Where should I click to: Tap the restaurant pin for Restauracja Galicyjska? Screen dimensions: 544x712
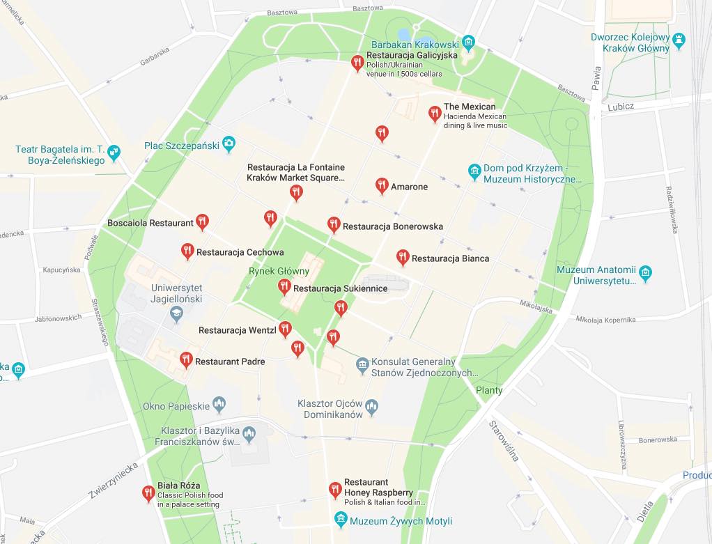tap(357, 63)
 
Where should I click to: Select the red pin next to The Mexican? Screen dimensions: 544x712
tap(434, 112)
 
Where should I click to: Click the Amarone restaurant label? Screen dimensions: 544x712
tap(410, 187)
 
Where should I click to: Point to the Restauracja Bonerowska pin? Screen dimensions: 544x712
tap(333, 224)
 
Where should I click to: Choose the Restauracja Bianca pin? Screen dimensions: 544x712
tap(402, 257)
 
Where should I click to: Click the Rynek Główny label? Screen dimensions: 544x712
tap(279, 271)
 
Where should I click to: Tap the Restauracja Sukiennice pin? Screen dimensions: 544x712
tap(284, 286)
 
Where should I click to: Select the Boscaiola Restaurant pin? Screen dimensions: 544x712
tap(202, 222)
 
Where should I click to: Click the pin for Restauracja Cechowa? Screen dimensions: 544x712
tap(187, 251)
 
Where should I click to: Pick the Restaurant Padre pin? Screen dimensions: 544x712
tap(185, 359)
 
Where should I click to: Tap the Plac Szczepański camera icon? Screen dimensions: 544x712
tap(229, 145)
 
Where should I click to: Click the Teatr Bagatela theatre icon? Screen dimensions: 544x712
tap(114, 151)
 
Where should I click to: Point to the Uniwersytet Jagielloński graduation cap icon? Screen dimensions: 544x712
tap(176, 313)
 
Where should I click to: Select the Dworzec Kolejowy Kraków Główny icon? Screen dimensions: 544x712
tap(678, 39)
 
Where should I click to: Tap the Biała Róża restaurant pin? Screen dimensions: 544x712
tap(148, 493)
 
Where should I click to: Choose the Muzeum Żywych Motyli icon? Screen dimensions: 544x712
tap(340, 520)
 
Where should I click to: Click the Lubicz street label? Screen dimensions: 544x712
tap(621, 106)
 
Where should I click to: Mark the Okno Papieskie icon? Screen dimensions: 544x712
tap(219, 404)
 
